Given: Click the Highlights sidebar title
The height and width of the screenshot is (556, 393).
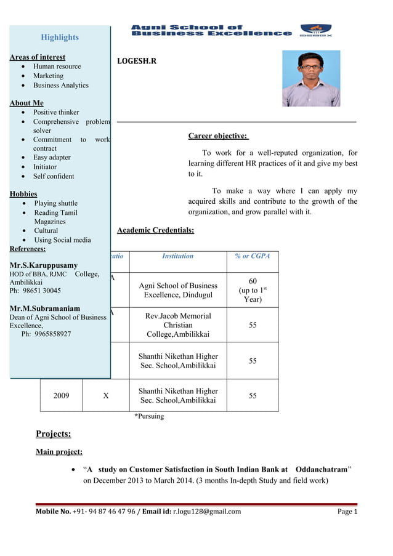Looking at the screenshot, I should point(60,38).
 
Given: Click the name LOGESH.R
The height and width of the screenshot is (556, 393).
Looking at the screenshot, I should point(137,62).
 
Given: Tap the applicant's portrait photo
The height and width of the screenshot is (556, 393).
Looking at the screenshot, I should point(310,78).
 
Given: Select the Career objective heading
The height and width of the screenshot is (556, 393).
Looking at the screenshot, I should point(217,135).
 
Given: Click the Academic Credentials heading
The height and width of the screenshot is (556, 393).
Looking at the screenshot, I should point(155,230).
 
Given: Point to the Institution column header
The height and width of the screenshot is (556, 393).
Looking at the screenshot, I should point(177,256).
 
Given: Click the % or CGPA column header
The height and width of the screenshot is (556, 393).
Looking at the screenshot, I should point(252,256).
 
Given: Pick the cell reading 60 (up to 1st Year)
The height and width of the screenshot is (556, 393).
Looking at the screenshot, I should point(253,290).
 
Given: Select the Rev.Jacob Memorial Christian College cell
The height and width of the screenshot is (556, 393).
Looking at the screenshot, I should point(178,325).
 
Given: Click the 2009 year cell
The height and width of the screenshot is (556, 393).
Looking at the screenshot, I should point(61,396).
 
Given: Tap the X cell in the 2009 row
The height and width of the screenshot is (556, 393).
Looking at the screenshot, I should point(106,396).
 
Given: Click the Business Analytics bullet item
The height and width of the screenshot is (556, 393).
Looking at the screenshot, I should point(61,86).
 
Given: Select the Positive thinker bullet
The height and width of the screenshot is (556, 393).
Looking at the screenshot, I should point(56,113).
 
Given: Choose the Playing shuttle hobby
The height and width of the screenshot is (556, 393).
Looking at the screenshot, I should point(56,203).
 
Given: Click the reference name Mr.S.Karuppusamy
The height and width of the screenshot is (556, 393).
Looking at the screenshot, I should point(44,265).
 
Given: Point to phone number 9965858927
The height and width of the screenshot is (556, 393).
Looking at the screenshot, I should point(46,334).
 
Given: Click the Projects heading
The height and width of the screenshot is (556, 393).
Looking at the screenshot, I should point(53,434).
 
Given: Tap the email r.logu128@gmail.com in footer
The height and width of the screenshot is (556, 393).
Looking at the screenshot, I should point(206,511).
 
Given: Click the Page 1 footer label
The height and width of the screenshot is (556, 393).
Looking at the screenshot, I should point(347,511).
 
